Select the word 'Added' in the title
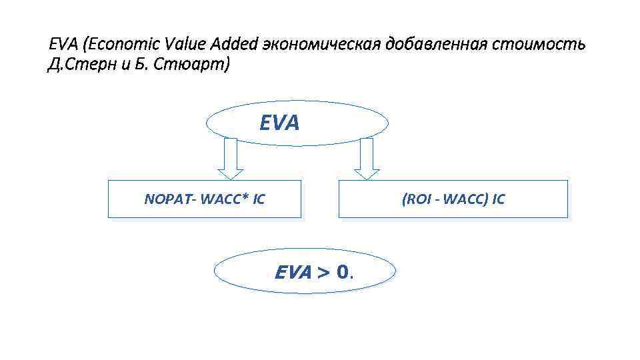point(235,45)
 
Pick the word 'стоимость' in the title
point(540,45)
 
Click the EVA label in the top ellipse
point(279,123)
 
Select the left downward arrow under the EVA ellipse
point(231,158)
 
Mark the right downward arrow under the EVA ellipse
point(367,158)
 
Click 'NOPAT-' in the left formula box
point(166,199)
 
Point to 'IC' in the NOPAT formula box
point(259,199)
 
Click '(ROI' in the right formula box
point(416,199)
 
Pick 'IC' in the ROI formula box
point(499,199)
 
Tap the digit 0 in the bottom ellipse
point(343,272)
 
